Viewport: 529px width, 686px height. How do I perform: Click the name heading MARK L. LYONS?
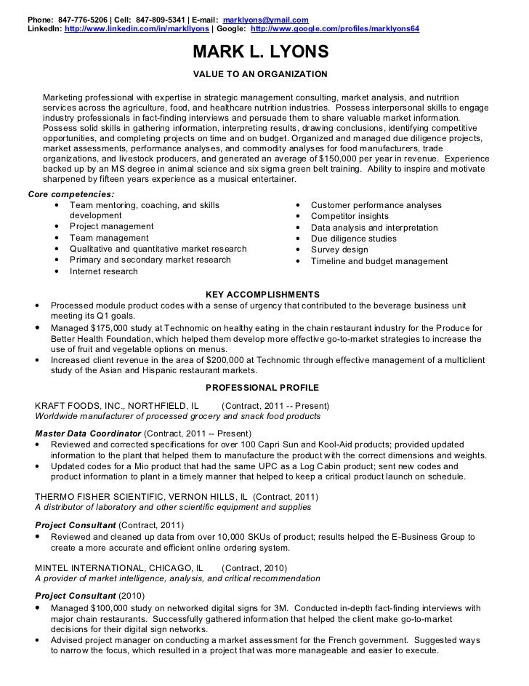(260, 53)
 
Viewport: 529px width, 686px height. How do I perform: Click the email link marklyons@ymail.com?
(265, 18)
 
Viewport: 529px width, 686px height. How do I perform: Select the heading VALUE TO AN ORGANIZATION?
(260, 74)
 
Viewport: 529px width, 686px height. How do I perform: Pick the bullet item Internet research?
(103, 271)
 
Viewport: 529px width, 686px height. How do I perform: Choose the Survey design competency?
(339, 250)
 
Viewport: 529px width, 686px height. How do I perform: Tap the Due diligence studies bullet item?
(353, 239)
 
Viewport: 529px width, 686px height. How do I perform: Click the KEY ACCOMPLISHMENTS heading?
(262, 294)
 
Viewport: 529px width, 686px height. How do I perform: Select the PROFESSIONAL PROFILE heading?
(262, 387)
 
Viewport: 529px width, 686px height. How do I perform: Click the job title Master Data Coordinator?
(88, 433)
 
